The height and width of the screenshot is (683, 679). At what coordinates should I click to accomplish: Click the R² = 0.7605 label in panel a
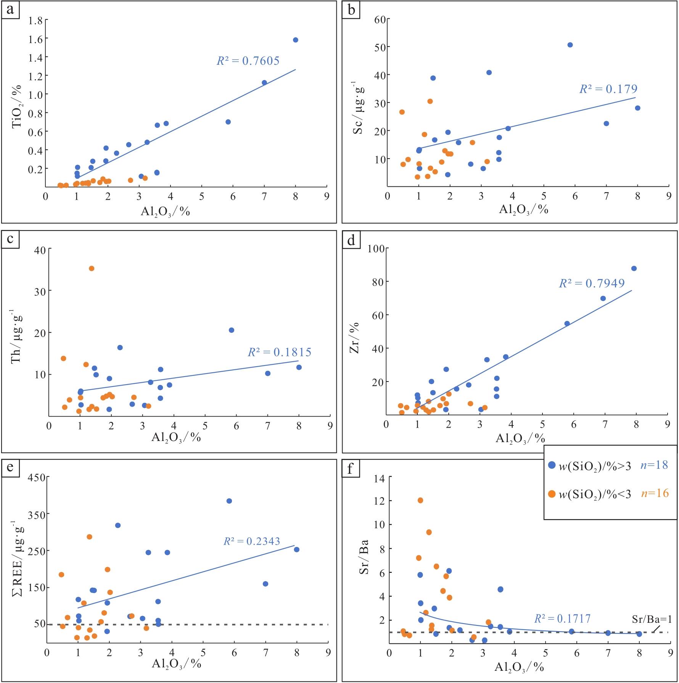[248, 61]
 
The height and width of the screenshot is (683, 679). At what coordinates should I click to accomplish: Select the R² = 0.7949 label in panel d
[592, 283]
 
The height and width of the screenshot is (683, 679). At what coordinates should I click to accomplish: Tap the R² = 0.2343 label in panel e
[252, 541]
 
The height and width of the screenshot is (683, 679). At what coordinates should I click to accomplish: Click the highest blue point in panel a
[295, 40]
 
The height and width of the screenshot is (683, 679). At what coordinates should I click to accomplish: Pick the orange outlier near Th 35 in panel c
[92, 268]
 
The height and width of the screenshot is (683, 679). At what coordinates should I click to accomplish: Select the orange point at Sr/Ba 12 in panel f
[420, 500]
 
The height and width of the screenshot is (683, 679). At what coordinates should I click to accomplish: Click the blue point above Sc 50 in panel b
[570, 45]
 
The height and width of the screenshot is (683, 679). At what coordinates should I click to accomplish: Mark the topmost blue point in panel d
[634, 268]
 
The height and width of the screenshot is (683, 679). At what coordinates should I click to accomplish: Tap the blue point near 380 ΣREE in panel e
[229, 501]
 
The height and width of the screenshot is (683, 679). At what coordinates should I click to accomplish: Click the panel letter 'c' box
[10, 239]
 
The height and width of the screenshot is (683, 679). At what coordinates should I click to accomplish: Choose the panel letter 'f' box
[351, 468]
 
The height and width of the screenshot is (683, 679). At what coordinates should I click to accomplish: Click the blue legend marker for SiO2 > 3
[552, 465]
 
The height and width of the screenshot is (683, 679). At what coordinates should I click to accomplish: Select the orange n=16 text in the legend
[655, 493]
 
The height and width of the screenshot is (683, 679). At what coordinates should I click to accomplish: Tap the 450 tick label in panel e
[36, 478]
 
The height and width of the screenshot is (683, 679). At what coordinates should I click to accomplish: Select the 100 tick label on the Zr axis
[375, 249]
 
